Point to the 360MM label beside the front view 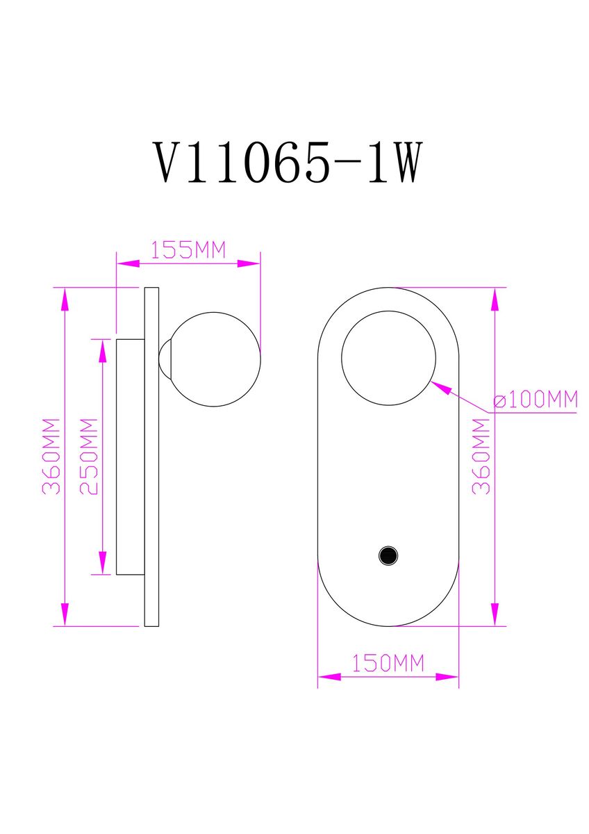[x=481, y=456]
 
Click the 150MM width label [x=387, y=664]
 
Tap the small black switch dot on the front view [x=387, y=555]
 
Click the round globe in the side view [x=217, y=359]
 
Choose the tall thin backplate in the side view [x=151, y=457]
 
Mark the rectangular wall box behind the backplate [x=129, y=457]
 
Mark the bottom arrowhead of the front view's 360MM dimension [x=495, y=614]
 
